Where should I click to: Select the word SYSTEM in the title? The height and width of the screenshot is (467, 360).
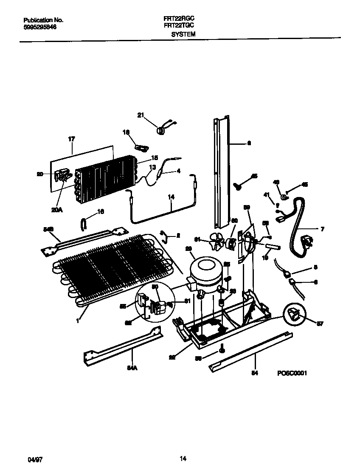(183, 34)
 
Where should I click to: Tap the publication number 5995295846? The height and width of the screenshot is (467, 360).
(39, 27)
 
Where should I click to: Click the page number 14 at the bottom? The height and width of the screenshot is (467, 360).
(183, 458)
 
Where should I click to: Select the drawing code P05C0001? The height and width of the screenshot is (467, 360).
(292, 373)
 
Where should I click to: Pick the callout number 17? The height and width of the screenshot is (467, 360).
(71, 138)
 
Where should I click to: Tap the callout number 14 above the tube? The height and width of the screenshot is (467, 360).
(171, 197)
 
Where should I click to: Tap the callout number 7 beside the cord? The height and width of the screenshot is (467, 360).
(323, 229)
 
